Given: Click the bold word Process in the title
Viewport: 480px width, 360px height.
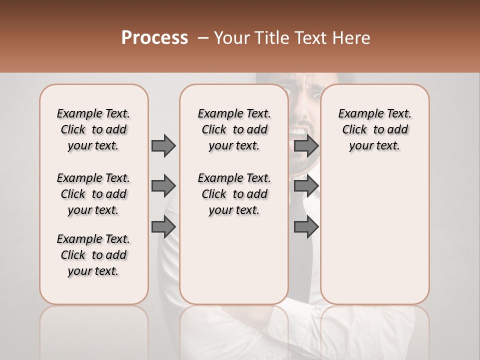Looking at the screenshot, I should [154, 38].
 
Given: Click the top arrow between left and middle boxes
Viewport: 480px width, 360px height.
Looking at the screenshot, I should [163, 146].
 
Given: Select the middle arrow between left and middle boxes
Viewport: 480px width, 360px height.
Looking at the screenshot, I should [163, 186].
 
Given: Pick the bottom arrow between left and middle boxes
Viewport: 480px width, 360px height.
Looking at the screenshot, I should [163, 226].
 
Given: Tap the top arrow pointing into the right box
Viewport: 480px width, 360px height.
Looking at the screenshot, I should [306, 146].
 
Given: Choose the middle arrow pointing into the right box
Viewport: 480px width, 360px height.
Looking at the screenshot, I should [306, 186].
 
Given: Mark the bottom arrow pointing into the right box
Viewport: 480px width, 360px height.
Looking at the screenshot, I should [306, 226].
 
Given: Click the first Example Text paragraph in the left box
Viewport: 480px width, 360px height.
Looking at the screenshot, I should [93, 129].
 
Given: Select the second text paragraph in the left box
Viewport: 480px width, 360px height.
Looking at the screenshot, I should [93, 194].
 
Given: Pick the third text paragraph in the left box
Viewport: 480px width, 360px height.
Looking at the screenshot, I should [93, 255].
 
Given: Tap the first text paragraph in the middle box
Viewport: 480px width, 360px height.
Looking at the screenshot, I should [234, 129].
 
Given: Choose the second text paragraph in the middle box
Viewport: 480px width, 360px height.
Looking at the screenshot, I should [234, 194].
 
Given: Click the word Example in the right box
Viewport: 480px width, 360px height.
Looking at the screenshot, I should [356, 114].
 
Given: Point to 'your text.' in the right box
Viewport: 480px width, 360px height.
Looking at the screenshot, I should [374, 146].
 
